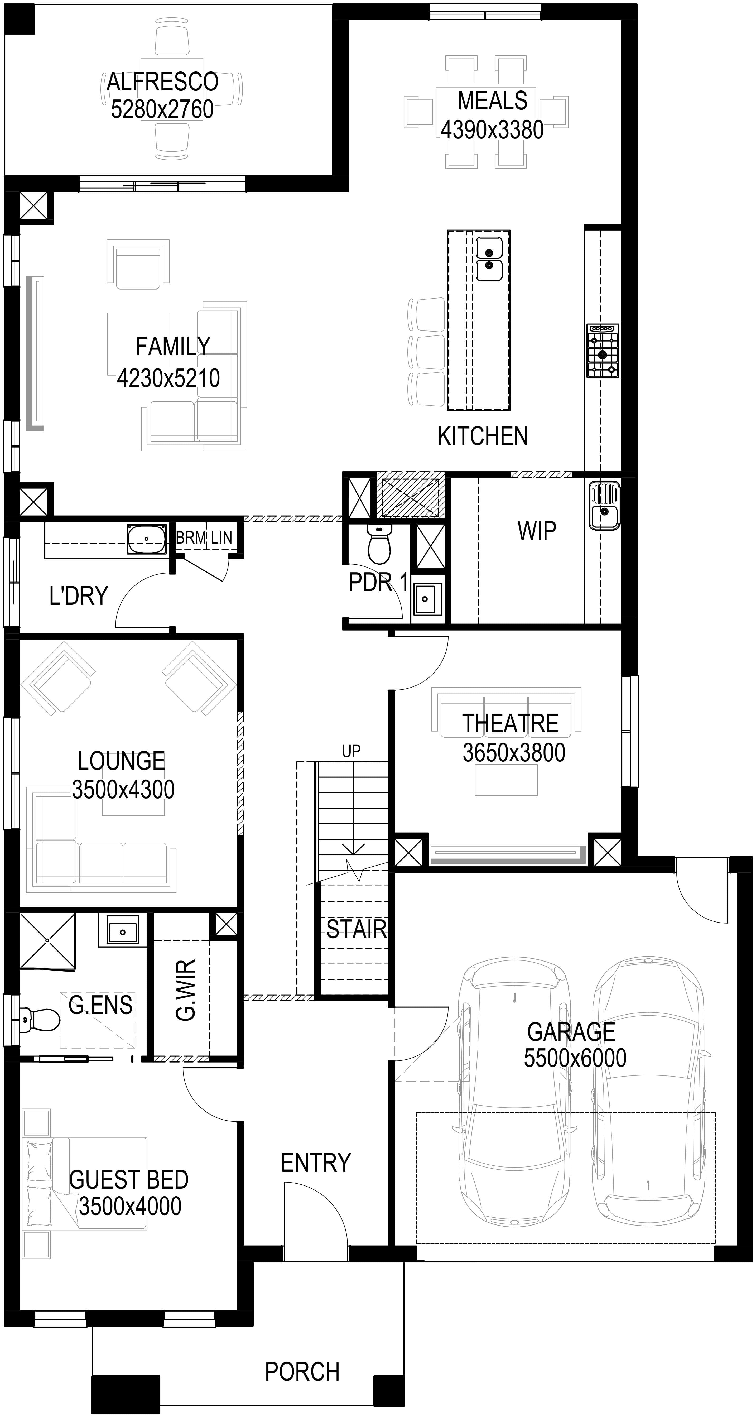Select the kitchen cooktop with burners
coord(603,351)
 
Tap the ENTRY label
coord(316,1163)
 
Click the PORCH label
coord(302,1372)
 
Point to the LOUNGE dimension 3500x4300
coord(123,790)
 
